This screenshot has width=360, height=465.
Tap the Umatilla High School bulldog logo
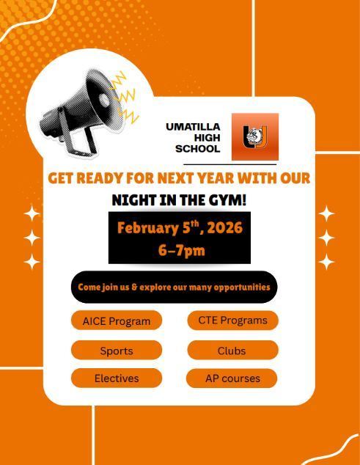(255, 136)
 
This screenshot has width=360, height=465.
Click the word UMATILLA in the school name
(193, 126)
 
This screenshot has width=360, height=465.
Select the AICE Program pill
(117, 321)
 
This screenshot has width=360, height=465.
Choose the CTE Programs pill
(232, 320)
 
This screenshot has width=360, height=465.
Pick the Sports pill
(117, 351)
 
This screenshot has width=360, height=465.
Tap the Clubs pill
(232, 351)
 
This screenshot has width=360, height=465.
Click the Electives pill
(117, 378)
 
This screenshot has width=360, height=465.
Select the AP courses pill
(232, 378)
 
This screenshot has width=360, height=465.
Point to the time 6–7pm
(181, 249)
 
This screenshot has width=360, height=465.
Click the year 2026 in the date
(224, 227)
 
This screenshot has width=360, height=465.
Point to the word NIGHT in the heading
(133, 199)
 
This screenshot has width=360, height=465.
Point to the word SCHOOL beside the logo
(197, 149)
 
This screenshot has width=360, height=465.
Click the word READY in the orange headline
(102, 178)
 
